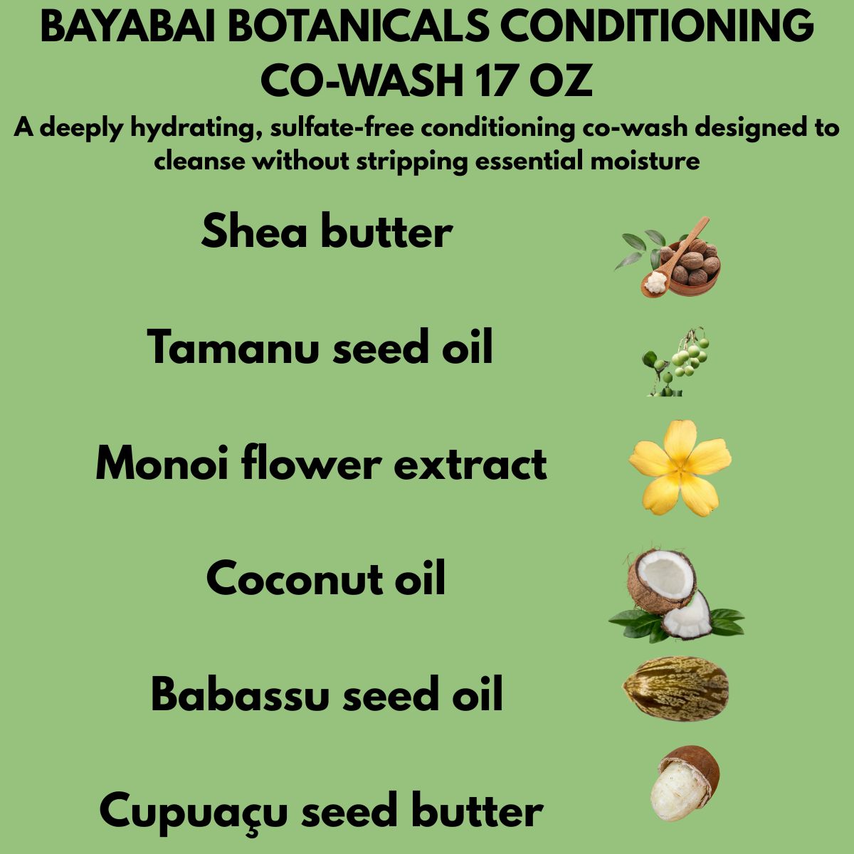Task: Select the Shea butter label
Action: pos(327,232)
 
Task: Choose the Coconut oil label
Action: pos(326,578)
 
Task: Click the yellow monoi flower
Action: pos(680,467)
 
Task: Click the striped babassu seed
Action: pos(675,689)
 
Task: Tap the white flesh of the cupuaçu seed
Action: pos(673,790)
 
